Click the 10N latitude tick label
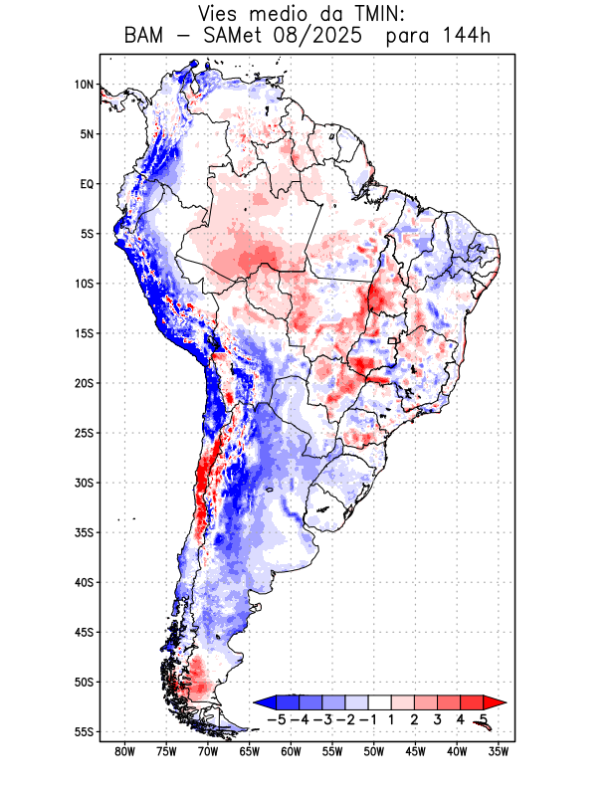pos(84,85)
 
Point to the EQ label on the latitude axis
pos(87,184)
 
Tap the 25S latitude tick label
pos(83,433)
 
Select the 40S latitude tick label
pos(83,582)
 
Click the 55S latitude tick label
pos(83,731)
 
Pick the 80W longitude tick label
pos(124,751)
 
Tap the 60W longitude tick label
pos(291,751)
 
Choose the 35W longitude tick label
pos(498,751)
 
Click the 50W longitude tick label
pos(373,751)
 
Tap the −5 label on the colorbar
pos(276,719)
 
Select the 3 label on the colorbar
pos(437,719)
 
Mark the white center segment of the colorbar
pos(379,702)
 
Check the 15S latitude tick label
pos(83,333)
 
